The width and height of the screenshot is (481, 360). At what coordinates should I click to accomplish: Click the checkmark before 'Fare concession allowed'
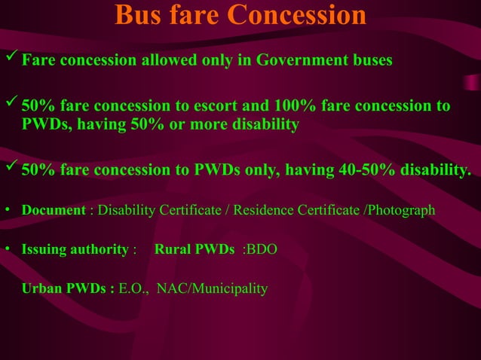[11, 58]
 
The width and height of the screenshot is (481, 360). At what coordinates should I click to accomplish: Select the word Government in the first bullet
[302, 60]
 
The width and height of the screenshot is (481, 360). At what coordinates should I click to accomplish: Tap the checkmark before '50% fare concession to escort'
[11, 105]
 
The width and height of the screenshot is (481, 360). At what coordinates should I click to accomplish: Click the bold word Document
[54, 210]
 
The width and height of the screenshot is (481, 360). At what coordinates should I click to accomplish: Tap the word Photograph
[400, 210]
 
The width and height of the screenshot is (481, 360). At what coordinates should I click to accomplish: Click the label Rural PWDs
[194, 249]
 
